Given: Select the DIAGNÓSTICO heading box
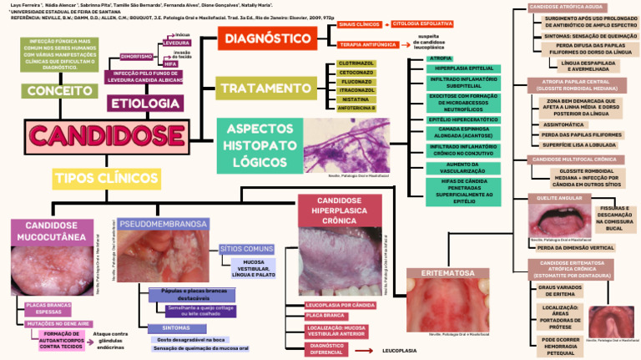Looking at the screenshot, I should point(268,38).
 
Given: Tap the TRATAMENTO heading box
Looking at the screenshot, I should point(266,87).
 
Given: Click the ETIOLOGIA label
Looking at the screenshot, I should point(145,104).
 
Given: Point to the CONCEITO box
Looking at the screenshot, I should point(57,90).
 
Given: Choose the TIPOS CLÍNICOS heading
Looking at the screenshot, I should point(106,178).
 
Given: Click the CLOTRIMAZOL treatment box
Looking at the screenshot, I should point(356,63).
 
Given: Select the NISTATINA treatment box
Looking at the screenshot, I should point(356,99).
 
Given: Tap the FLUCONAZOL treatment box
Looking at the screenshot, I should point(356,82).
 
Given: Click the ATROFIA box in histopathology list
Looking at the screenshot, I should point(441,58).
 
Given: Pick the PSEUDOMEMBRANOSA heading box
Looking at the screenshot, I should point(163,224).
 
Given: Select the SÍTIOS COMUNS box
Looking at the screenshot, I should point(246,249).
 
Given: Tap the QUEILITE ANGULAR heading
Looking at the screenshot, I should point(558,198).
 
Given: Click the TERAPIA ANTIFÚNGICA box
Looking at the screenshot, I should point(365,44).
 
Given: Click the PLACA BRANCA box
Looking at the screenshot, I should point(326,316).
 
